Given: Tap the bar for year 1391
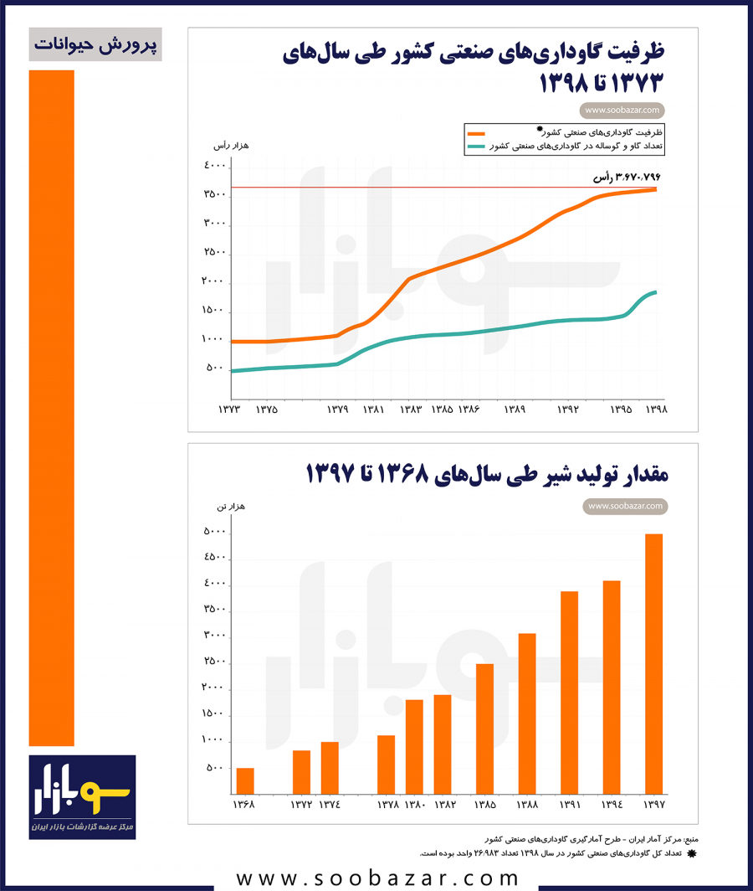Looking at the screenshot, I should [569, 693].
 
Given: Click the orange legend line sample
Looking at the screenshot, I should [477, 133].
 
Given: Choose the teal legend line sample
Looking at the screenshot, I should [477, 147].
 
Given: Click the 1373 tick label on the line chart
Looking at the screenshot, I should [229, 409].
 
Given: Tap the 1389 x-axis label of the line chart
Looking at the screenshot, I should [515, 409].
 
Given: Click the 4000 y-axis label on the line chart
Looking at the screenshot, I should [214, 166].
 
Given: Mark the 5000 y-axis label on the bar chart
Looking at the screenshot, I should [214, 531].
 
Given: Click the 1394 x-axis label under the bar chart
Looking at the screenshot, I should [612, 806].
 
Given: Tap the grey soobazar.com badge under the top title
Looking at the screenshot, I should [623, 110].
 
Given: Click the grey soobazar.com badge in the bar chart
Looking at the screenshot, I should [625, 506].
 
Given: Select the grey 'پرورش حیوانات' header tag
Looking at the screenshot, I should [95, 44].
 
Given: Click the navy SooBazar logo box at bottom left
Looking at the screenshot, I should [82, 796].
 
